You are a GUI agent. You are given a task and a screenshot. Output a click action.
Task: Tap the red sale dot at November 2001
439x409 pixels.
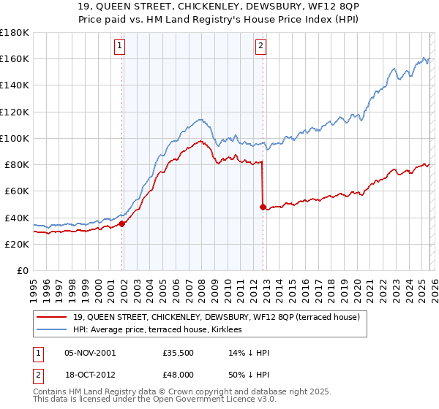122,224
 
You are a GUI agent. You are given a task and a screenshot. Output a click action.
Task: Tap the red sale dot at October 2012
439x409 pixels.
263,207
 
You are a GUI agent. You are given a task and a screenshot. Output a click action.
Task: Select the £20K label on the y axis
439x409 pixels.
17,245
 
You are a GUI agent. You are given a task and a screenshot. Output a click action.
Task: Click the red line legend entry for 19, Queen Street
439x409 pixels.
216,318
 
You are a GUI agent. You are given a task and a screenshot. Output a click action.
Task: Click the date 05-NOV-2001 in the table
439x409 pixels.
90,353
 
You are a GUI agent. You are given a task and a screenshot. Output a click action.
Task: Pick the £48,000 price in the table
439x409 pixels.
178,374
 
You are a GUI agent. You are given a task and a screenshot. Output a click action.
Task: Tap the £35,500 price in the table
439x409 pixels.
178,353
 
